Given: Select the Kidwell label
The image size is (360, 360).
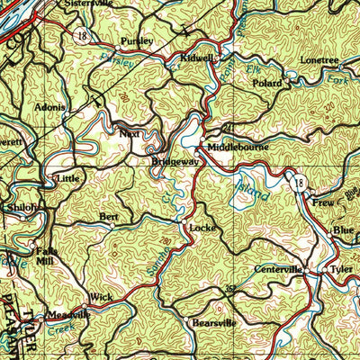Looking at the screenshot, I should (197, 58).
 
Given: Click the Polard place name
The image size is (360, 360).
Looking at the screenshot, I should (266, 83).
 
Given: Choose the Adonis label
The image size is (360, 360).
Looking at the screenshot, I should (49, 107).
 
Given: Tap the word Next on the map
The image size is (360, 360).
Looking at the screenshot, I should (129, 132).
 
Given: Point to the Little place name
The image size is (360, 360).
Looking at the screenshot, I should (69, 179).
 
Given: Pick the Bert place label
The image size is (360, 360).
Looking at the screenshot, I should (109, 217).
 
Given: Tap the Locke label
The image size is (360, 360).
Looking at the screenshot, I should (202, 229).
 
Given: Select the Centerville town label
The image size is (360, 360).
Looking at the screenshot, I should (277, 269).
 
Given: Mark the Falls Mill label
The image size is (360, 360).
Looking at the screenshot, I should (45, 256).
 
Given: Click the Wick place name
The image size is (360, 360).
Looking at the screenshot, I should (100, 296).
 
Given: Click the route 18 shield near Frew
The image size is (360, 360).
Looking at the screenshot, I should (297, 183).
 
